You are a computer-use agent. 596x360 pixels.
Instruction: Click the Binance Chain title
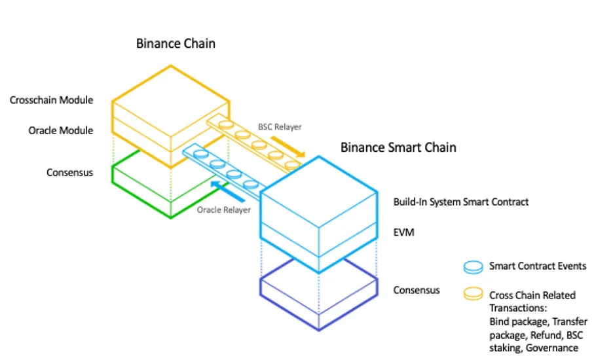[x=176, y=44]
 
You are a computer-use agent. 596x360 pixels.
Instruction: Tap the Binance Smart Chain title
[x=398, y=147]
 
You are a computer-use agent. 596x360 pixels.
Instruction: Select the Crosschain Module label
[x=51, y=100]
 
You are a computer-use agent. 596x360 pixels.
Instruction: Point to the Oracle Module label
[x=60, y=130]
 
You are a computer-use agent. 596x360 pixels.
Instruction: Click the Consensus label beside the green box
[x=69, y=173]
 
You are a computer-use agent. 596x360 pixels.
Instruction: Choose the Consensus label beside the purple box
[x=416, y=290]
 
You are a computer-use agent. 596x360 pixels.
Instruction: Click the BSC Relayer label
[x=280, y=126]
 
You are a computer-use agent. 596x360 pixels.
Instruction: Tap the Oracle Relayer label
[x=223, y=210]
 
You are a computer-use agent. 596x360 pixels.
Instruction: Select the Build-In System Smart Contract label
[x=460, y=202]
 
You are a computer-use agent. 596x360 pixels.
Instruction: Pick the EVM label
[x=403, y=232]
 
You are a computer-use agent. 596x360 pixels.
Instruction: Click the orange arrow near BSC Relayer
[x=288, y=147]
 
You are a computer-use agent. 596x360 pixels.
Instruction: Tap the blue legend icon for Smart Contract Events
[x=472, y=266]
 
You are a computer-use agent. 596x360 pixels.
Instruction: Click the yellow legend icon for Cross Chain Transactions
[x=472, y=295]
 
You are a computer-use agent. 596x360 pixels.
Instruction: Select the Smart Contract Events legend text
[x=538, y=266]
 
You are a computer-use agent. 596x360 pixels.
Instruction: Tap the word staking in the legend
[x=504, y=348]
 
